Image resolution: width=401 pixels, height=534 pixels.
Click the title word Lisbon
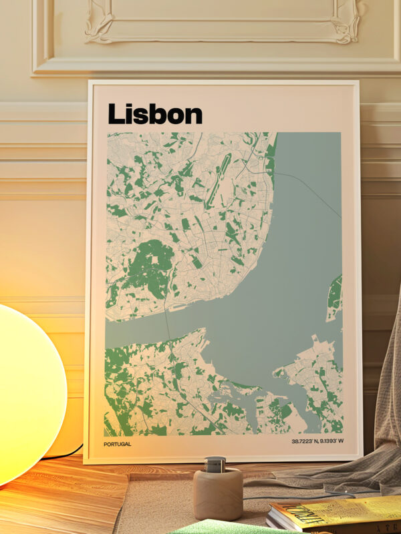click(154, 113)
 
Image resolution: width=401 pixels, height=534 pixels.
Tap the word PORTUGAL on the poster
click(117, 444)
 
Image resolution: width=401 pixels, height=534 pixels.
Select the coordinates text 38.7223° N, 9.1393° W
click(316, 442)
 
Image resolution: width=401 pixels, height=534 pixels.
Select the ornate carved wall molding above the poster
click(221, 27)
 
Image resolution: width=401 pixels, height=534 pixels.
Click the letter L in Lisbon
click(116, 113)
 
